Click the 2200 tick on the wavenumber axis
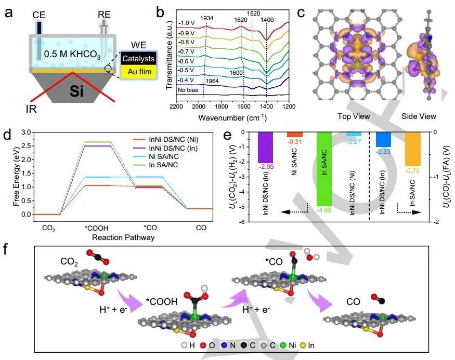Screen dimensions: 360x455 coord(176,106)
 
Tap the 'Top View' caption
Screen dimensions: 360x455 coord(353,116)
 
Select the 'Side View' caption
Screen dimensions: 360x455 coord(419,116)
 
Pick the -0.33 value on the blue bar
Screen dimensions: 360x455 coord(383,151)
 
